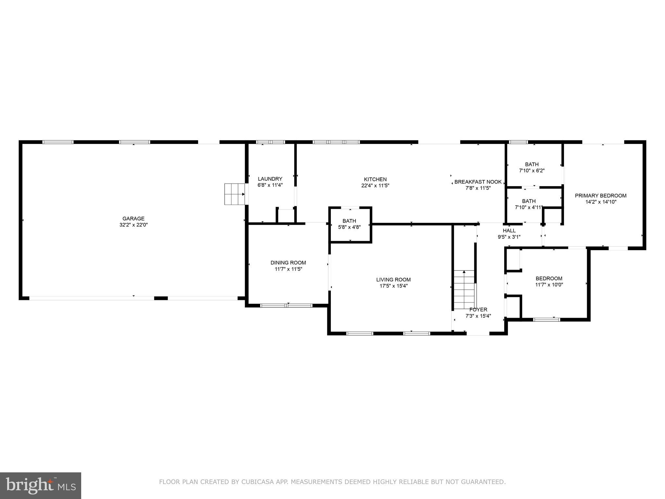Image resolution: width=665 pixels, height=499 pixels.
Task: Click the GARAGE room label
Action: pyautogui.click(x=133, y=219)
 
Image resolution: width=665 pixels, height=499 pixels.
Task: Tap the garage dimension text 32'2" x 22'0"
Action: pyautogui.click(x=133, y=225)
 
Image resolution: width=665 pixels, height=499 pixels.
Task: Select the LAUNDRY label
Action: pyautogui.click(x=270, y=179)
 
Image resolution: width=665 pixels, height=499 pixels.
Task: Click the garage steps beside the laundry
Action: pyautogui.click(x=234, y=194)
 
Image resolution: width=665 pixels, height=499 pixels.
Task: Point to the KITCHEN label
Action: pyautogui.click(x=375, y=179)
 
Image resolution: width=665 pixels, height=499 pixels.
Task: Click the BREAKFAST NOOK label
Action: pyautogui.click(x=478, y=182)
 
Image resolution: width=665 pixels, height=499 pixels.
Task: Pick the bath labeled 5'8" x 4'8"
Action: pyautogui.click(x=349, y=224)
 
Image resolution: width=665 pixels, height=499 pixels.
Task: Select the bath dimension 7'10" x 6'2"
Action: pyautogui.click(x=532, y=171)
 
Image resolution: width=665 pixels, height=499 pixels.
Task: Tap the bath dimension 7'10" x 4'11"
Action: pyautogui.click(x=529, y=207)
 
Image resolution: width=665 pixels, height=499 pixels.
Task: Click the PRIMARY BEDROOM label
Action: pyautogui.click(x=600, y=196)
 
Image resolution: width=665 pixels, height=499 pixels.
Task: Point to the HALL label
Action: pyautogui.click(x=509, y=231)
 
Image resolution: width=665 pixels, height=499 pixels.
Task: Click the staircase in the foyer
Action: pyautogui.click(x=464, y=290)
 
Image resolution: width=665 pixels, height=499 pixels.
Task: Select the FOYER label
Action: pyautogui.click(x=478, y=310)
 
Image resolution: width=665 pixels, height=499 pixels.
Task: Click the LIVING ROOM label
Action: pyautogui.click(x=393, y=280)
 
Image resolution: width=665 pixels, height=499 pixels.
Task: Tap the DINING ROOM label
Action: pyautogui.click(x=288, y=263)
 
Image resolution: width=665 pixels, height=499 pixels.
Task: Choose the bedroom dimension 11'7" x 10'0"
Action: pyautogui.click(x=549, y=285)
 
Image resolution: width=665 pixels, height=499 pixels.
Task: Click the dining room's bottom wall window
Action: pyautogui.click(x=286, y=305)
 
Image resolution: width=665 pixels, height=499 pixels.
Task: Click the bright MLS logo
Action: pyautogui.click(x=41, y=485)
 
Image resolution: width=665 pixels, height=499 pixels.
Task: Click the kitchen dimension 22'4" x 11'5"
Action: pyautogui.click(x=375, y=186)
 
